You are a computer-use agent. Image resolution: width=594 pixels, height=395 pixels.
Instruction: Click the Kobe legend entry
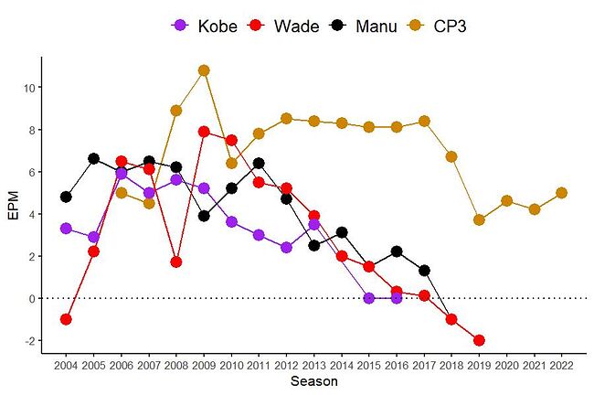point(205,26)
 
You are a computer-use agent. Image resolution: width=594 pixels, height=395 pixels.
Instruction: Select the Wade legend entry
point(284,26)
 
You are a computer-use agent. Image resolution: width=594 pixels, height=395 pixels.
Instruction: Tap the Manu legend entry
point(363,26)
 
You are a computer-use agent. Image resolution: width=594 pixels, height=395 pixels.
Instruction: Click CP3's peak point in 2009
point(204,70)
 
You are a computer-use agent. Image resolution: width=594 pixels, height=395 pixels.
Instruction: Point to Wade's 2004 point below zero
point(66,319)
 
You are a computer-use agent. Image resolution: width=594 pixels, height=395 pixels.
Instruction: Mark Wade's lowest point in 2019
point(479,340)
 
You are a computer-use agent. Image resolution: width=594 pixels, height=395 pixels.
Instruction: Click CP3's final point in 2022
point(561,193)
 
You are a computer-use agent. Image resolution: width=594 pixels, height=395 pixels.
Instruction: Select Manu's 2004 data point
point(66,197)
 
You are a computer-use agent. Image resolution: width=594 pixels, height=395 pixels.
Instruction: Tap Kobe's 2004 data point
point(66,229)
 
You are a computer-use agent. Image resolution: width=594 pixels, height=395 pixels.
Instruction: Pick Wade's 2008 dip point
point(176,262)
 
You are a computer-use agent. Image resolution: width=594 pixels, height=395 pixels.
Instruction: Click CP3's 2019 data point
point(479,220)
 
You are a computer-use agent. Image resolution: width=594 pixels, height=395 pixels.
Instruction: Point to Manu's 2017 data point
point(424,271)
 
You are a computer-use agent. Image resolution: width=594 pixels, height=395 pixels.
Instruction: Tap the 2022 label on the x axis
point(561,365)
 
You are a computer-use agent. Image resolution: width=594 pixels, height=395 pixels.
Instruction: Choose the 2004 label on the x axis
point(66,365)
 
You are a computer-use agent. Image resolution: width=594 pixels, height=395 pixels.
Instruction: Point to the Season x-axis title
point(313,382)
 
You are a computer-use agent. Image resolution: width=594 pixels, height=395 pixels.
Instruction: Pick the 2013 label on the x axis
point(313,365)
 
